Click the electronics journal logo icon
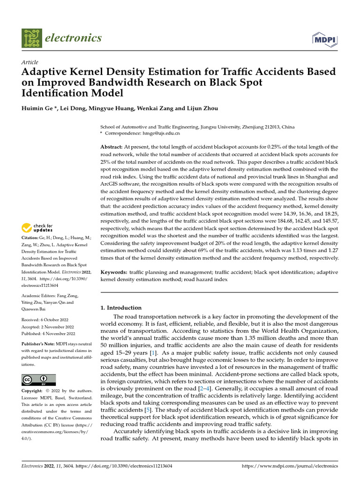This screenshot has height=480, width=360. (x=31, y=37)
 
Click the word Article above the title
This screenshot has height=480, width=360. (x=30, y=62)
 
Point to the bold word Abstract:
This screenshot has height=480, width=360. (x=112, y=147)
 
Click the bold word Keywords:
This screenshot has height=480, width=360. (x=114, y=272)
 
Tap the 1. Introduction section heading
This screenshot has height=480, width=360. (x=121, y=308)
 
